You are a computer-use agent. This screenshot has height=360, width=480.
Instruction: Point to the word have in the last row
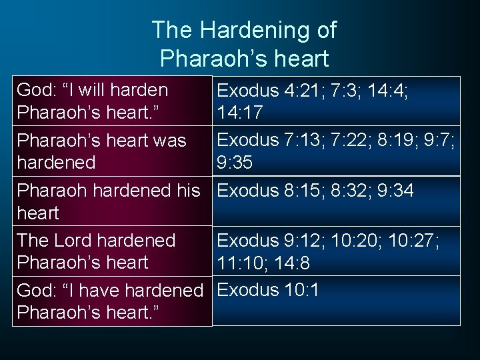pos(94,291)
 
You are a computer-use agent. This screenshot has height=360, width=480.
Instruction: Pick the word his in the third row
pos(187,191)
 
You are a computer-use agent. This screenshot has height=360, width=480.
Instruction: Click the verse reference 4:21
pos(303,90)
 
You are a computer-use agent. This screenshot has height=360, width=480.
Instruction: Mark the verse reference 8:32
pos(351,191)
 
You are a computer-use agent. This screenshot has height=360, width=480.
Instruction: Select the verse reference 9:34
pos(397,191)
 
